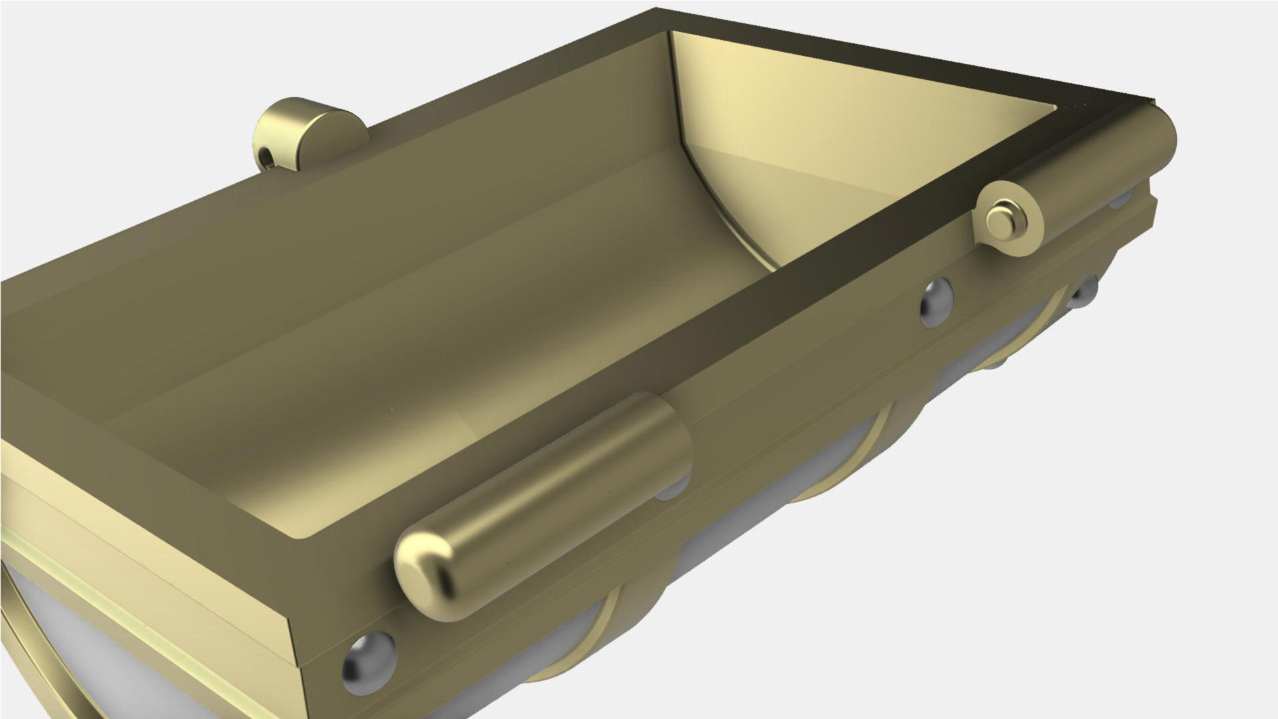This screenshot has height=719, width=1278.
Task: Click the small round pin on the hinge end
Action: tap(998, 220)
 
